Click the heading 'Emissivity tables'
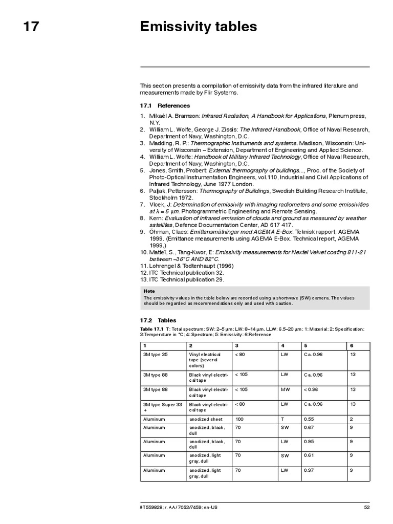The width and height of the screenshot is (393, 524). pyautogui.click(x=199, y=27)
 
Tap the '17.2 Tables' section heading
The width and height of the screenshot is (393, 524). pyautogui.click(x=158, y=320)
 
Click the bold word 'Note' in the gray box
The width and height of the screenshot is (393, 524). pyautogui.click(x=149, y=291)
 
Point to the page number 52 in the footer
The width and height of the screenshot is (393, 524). pyautogui.click(x=366, y=507)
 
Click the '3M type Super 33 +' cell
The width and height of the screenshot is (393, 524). pyautogui.click(x=162, y=407)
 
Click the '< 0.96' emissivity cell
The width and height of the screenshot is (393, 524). pyautogui.click(x=311, y=389)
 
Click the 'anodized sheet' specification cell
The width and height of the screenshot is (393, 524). pyautogui.click(x=206, y=419)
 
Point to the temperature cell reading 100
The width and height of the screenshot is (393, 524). pyautogui.click(x=239, y=419)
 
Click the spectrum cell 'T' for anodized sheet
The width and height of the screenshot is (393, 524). pyautogui.click(x=282, y=419)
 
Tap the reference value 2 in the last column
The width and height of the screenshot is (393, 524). pyautogui.click(x=352, y=419)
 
